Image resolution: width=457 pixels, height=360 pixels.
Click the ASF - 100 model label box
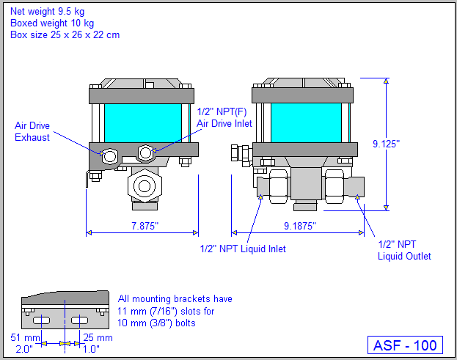[x=405, y=345]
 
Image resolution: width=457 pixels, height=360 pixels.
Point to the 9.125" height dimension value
[x=406, y=144]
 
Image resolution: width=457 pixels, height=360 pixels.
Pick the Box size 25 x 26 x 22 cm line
[x=65, y=34]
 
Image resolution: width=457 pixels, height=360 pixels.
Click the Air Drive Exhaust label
[x=32, y=131]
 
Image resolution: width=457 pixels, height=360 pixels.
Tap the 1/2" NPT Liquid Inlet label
[x=243, y=249]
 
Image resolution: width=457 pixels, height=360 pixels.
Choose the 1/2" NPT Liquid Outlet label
[x=404, y=250]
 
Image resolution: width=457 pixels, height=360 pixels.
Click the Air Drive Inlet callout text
[x=224, y=118]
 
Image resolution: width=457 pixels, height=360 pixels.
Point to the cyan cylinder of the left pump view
[x=142, y=122]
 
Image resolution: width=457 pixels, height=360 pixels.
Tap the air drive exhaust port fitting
[x=110, y=155]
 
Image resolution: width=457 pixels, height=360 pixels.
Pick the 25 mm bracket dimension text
[x=100, y=337]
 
